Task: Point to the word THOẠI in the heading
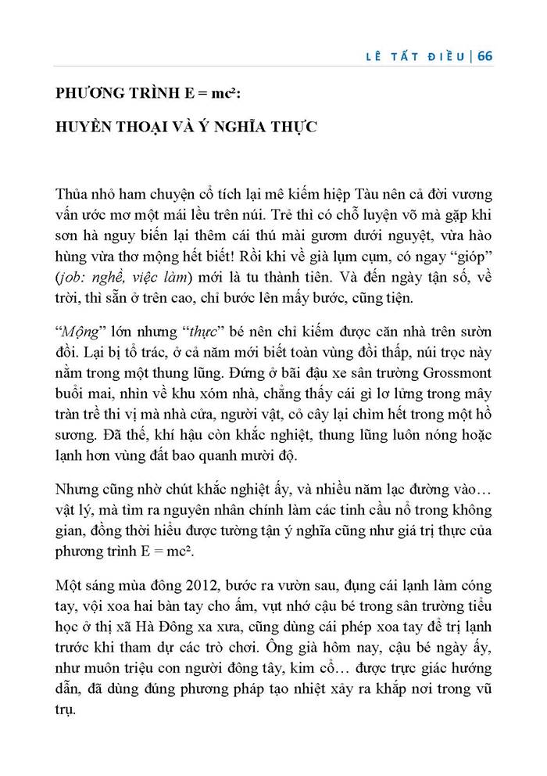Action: (x=146, y=126)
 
